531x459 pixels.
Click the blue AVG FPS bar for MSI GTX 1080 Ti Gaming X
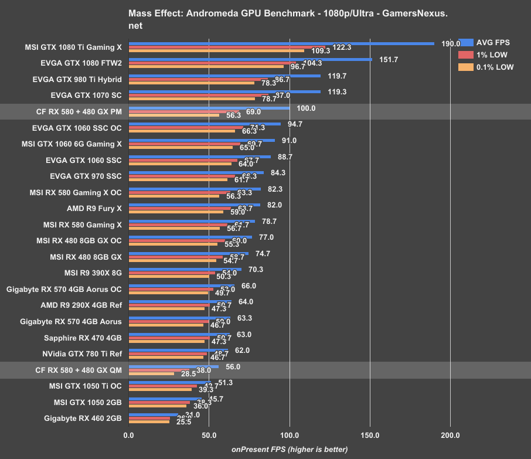pos(281,43)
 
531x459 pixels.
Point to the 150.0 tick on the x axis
pos(370,436)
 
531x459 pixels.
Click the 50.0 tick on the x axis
pos(209,436)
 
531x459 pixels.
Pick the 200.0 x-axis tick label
pos(450,436)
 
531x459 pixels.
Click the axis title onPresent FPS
pos(290,449)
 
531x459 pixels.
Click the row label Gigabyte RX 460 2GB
pos(83,418)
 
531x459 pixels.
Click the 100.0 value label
pos(306,108)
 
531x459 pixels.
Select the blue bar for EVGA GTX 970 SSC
pos(196,172)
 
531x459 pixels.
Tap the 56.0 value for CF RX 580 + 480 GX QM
pos(233,366)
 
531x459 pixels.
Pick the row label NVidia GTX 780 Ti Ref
pos(82,353)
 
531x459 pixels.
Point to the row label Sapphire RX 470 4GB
pos(83,338)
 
